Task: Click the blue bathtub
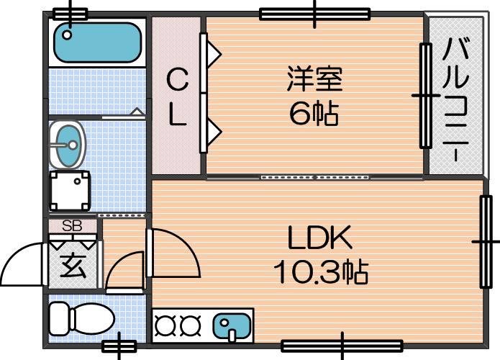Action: [x=97, y=42]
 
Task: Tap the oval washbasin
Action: [x=68, y=145]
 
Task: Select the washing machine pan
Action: [x=71, y=191]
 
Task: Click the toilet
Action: [x=81, y=319]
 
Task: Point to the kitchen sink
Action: [x=232, y=325]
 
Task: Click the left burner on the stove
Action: [x=165, y=325]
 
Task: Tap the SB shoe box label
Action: [x=73, y=226]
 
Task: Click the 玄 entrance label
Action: [x=73, y=266]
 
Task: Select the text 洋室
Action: [x=314, y=78]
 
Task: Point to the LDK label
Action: [x=320, y=238]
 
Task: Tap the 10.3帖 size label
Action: [x=321, y=272]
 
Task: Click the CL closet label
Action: [x=177, y=97]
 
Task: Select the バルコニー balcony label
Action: [x=456, y=99]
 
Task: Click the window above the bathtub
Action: [x=71, y=14]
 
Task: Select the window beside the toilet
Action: [x=119, y=346]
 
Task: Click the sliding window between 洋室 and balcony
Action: [x=425, y=96]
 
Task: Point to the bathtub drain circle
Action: [x=67, y=35]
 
